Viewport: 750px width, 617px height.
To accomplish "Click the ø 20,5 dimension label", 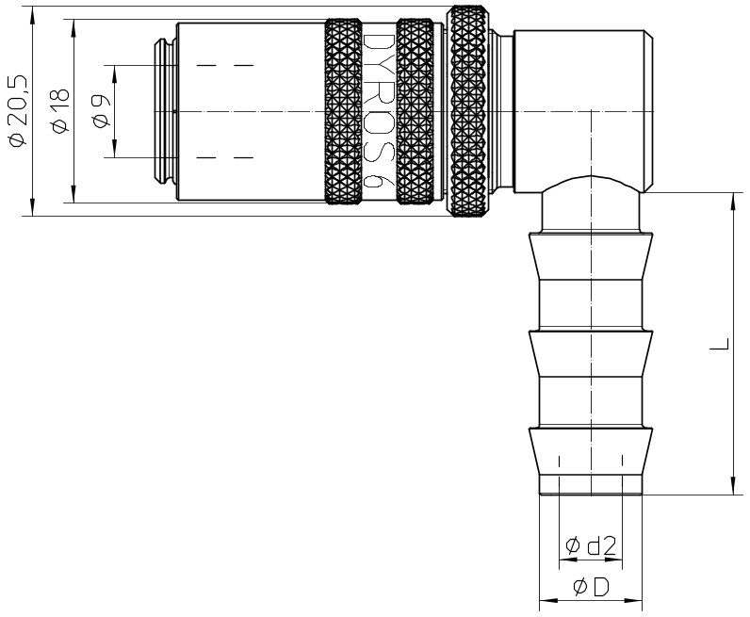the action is pyautogui.click(x=18, y=111).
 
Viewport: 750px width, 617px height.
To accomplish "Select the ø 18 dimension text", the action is pyautogui.click(x=60, y=111).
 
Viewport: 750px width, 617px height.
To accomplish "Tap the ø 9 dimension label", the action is pyautogui.click(x=102, y=111).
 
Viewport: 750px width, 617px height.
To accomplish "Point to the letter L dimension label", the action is pyautogui.click(x=719, y=344).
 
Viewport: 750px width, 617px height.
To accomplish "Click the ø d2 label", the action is pyautogui.click(x=590, y=545).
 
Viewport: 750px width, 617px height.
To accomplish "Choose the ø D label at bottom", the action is pyautogui.click(x=591, y=587).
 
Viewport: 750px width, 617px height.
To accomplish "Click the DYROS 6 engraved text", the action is pyautogui.click(x=379, y=111).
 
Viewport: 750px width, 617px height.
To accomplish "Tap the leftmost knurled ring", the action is pyautogui.click(x=343, y=112).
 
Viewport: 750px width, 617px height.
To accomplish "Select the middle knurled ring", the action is pyautogui.click(x=416, y=112).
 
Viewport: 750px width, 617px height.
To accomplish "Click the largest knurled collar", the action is pyautogui.click(x=469, y=111).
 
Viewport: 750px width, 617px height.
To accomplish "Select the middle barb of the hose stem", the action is pyautogui.click(x=591, y=353).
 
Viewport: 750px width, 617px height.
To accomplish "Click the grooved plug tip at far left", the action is pyautogui.click(x=165, y=111).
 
